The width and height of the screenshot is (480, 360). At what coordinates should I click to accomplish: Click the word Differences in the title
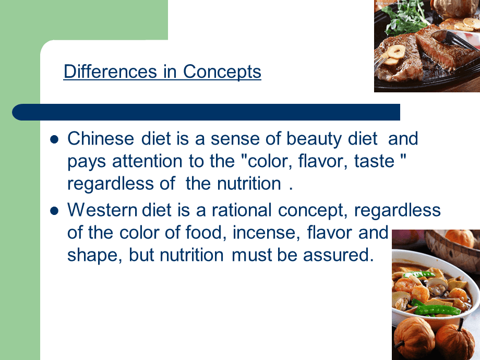(110, 71)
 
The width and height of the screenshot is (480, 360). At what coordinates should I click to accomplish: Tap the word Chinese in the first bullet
(100, 138)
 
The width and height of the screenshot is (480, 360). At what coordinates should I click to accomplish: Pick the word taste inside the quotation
(374, 161)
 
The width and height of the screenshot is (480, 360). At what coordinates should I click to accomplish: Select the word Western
(102, 210)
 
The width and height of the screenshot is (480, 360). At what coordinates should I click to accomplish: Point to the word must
(251, 256)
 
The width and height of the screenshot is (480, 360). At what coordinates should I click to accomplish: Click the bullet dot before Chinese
(54, 140)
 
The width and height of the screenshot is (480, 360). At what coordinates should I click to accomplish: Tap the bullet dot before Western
(54, 211)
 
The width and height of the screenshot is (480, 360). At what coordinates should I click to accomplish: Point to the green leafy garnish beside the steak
(403, 18)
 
